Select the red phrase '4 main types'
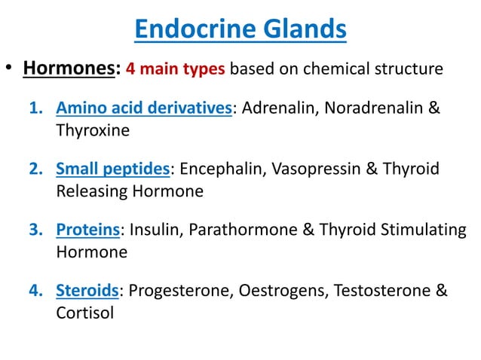click(x=175, y=70)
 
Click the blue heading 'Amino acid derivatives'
click(x=143, y=108)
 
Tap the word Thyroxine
click(x=93, y=130)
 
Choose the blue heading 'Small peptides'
click(x=113, y=169)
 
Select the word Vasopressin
click(x=322, y=169)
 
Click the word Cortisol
click(x=84, y=312)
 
